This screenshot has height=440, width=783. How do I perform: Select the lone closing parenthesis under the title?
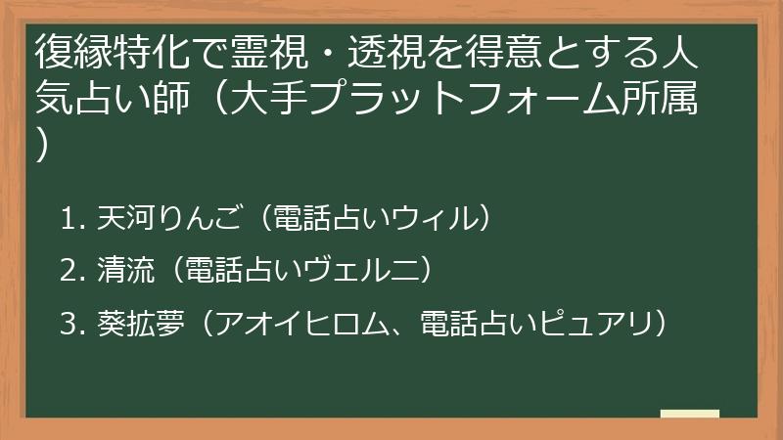[x=43, y=147]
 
